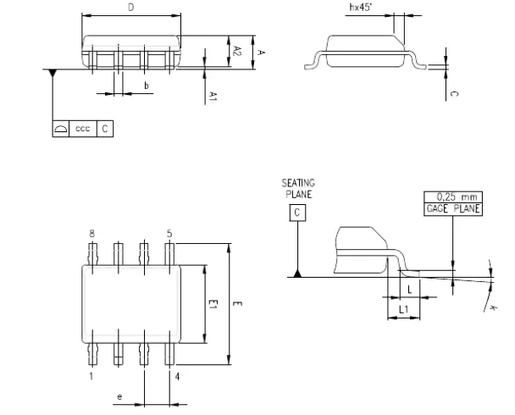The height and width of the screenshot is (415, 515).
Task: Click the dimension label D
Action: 130,7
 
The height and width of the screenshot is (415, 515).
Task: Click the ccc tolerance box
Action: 83,129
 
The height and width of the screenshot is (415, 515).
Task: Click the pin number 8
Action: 91,232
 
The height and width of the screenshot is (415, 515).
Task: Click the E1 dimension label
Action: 213,303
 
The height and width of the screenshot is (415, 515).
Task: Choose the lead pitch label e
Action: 119,395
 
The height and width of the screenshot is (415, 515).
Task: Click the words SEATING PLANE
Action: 297,187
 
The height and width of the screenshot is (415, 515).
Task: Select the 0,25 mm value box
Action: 452,196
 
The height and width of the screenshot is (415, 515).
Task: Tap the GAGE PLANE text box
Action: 452,207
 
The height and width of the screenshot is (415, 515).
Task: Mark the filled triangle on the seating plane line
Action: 297,273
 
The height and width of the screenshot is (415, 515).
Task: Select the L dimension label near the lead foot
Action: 408,289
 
